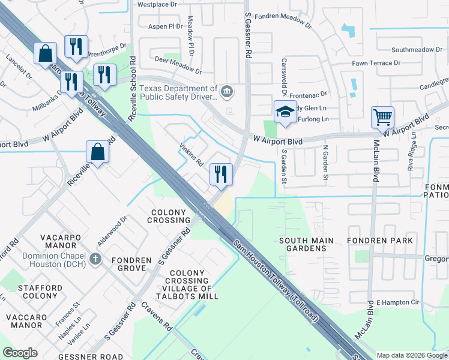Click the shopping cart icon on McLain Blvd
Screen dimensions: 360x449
[382, 116]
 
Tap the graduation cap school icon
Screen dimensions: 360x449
[285, 112]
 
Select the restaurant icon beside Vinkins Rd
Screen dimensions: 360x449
[220, 174]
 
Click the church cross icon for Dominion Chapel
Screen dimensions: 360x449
[94, 260]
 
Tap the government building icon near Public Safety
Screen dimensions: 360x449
[227, 92]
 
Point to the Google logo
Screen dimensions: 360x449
[20, 353]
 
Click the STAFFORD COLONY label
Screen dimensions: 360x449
[40, 292]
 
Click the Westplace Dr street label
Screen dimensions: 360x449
[157, 4]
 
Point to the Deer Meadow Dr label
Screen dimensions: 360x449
[178, 64]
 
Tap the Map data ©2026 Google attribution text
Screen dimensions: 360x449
[412, 355]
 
